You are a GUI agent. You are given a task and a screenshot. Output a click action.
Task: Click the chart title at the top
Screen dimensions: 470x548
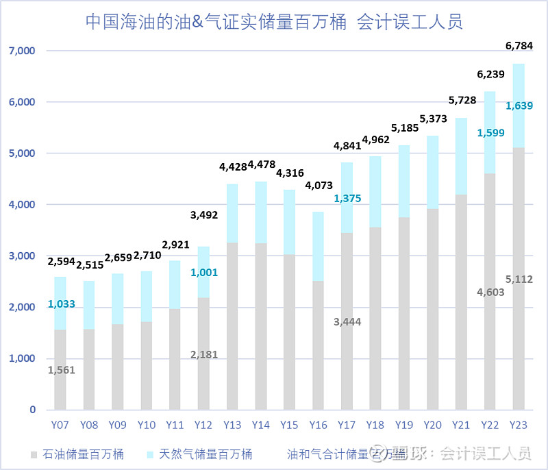pyautogui.click(x=274, y=22)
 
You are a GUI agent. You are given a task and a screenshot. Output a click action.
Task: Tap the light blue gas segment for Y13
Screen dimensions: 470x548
pyautogui.click(x=232, y=213)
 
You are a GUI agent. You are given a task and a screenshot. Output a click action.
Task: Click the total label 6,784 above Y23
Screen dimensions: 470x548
pyautogui.click(x=519, y=47)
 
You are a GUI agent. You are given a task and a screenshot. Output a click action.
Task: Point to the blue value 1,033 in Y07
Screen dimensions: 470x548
pyautogui.click(x=61, y=304)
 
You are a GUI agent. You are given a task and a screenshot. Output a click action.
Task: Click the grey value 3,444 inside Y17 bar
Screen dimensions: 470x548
pyautogui.click(x=347, y=321)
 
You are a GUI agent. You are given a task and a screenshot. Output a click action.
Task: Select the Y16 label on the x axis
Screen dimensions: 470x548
pyautogui.click(x=318, y=425)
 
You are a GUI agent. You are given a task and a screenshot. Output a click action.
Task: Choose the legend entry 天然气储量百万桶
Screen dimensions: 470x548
pyautogui.click(x=199, y=454)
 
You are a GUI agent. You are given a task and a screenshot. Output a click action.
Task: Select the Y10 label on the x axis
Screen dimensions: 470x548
pyautogui.click(x=146, y=425)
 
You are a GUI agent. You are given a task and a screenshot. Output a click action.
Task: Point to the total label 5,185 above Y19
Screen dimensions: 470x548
pyautogui.click(x=404, y=127)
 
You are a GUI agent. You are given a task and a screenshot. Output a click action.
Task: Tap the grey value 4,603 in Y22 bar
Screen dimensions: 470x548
pyautogui.click(x=490, y=293)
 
